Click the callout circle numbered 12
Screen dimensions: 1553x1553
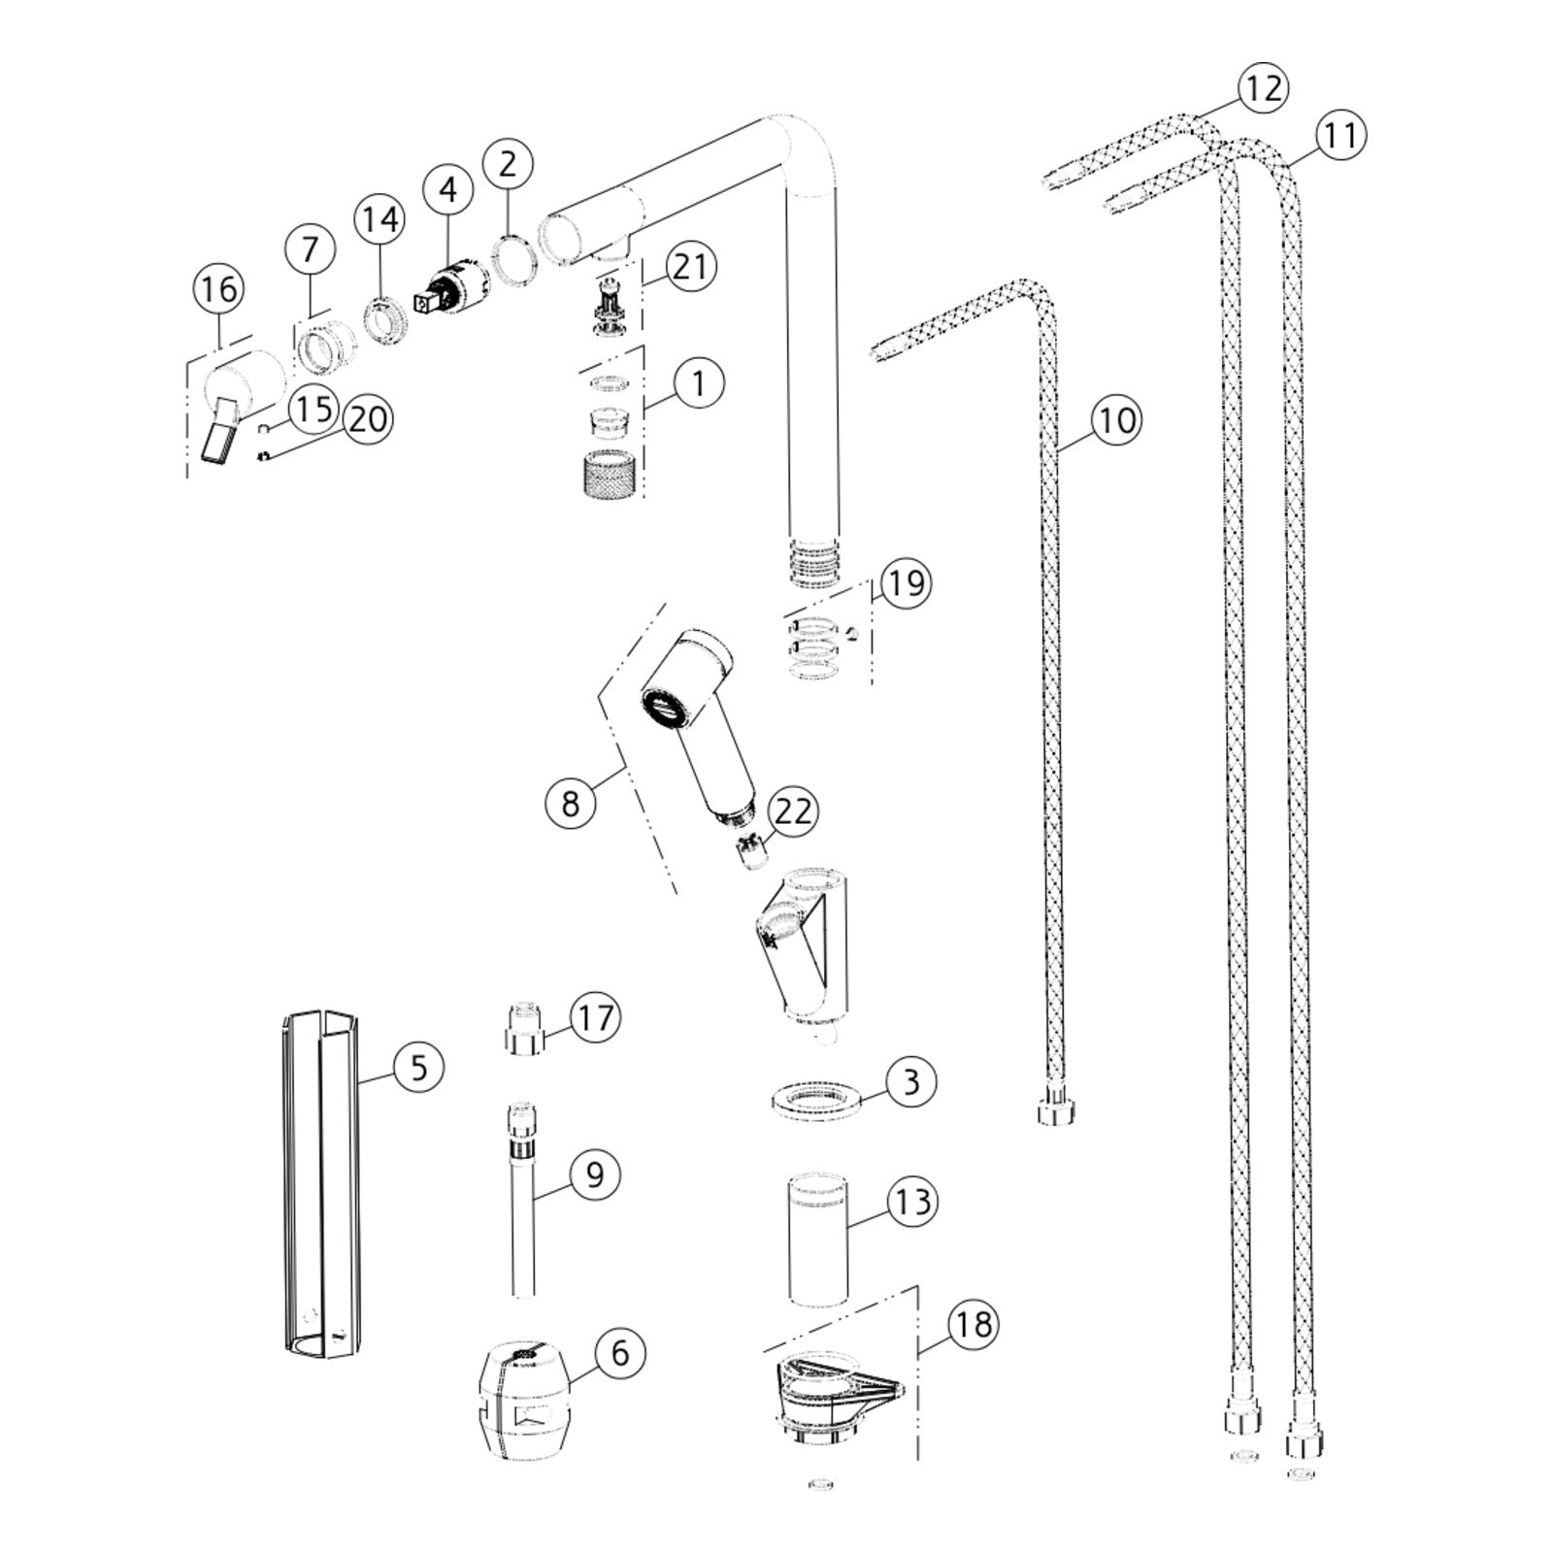click(x=1262, y=89)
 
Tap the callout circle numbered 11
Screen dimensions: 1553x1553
click(x=1340, y=135)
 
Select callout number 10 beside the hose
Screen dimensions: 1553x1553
click(x=1116, y=420)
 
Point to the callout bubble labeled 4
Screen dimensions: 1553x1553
click(x=447, y=189)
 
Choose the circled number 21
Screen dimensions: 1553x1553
click(x=690, y=266)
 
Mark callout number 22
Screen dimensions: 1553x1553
click(x=792, y=811)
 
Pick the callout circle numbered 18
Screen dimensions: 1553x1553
click(x=973, y=1324)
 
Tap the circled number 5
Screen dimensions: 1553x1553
click(x=418, y=1069)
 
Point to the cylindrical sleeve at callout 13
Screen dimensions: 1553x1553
click(x=818, y=1240)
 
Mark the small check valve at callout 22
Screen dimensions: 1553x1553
click(x=751, y=851)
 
